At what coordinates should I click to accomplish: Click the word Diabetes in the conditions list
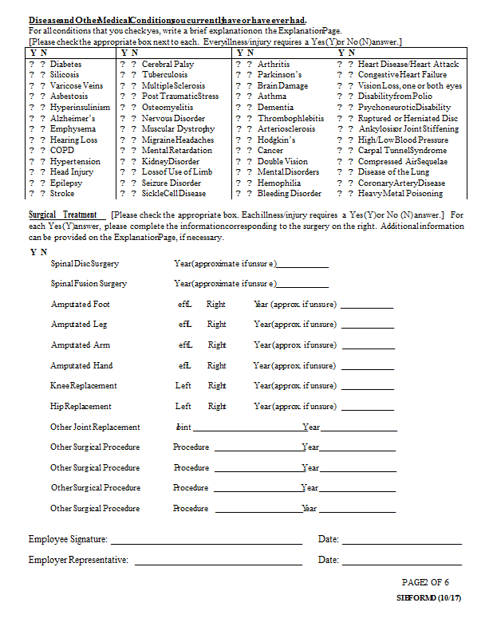(65, 64)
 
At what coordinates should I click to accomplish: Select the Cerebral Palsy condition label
(168, 64)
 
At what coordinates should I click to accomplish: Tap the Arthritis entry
(274, 64)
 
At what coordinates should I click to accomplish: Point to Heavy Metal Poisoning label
(400, 193)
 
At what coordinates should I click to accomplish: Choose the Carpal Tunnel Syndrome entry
(402, 150)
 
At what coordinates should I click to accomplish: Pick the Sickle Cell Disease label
(173, 193)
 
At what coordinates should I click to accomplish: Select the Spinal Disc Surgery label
(85, 263)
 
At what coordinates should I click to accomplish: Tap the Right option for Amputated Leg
(216, 325)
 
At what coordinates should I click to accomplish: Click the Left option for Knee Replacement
(183, 385)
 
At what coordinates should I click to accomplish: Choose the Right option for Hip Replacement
(217, 406)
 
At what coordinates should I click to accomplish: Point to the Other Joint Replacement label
(95, 427)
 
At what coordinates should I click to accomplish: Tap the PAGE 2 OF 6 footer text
(425, 582)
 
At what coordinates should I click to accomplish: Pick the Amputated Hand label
(81, 365)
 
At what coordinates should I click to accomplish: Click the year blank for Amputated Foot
(366, 306)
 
